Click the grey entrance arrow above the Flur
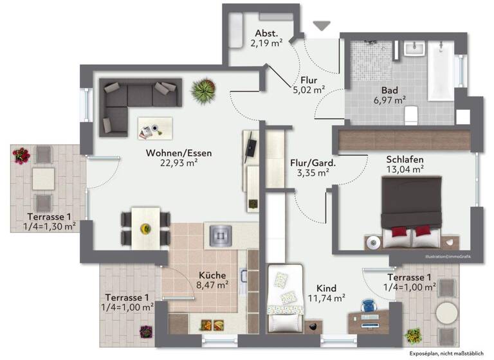(320, 25)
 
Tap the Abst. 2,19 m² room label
(266, 39)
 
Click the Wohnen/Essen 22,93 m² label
(178, 158)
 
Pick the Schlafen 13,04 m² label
(405, 164)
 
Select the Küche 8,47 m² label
(212, 278)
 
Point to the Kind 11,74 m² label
(327, 292)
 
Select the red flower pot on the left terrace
(21, 155)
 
